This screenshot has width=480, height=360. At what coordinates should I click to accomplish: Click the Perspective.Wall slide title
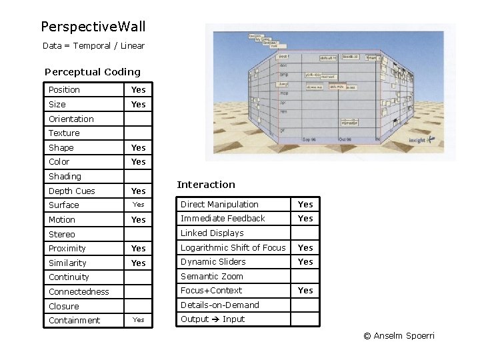(x=93, y=27)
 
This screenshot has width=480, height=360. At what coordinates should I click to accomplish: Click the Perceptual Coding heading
(x=93, y=72)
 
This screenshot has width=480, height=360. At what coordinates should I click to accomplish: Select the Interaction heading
(x=206, y=185)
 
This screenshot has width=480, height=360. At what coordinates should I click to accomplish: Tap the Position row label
(x=64, y=90)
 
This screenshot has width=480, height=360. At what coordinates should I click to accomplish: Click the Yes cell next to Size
(x=138, y=105)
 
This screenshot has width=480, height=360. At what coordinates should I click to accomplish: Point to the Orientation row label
(x=71, y=119)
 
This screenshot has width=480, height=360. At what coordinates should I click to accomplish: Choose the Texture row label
(x=64, y=133)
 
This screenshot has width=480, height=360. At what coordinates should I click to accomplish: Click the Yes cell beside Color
(x=138, y=162)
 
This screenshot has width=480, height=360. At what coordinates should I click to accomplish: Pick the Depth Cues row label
(x=72, y=191)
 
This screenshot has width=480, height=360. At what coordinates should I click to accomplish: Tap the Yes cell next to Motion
(x=138, y=220)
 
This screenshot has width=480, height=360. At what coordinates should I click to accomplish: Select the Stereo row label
(x=62, y=235)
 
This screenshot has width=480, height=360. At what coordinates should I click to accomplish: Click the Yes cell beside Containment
(x=138, y=320)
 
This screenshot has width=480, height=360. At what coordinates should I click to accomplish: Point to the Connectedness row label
(x=79, y=292)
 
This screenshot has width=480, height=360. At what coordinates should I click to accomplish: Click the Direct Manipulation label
(x=219, y=205)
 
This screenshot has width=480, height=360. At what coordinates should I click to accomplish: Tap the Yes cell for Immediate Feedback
(x=305, y=219)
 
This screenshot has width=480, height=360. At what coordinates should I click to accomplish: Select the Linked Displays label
(x=212, y=233)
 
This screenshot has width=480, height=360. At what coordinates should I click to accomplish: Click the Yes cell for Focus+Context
(x=305, y=291)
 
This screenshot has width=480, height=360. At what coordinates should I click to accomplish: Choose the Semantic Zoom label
(x=212, y=277)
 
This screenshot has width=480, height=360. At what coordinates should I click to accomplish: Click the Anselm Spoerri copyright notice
(x=399, y=336)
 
